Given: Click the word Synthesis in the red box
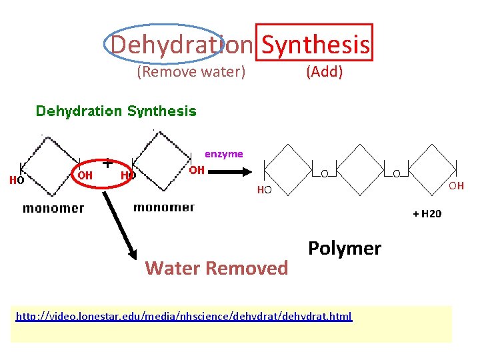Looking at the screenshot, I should pos(315,45).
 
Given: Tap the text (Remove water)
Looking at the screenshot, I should pos(191,72).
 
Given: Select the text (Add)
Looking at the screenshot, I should pos(324,72).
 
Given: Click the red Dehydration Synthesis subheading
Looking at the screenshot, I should pos(116,111).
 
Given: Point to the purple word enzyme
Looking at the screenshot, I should pos(224,154).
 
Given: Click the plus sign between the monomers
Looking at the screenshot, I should pos(107,162).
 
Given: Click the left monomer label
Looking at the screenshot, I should pos(53,208).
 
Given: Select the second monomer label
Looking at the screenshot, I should pos(164,207).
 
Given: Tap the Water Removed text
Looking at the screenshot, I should pos(217,268).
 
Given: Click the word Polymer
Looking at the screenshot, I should pos(345,249).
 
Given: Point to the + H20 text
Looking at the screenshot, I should pos(427,214).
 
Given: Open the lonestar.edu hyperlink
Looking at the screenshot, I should pos(184,316).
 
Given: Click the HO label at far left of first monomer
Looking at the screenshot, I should pos(17,180).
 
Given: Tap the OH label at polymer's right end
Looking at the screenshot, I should pos(456,186).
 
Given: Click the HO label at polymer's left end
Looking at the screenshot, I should pos(265,191).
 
